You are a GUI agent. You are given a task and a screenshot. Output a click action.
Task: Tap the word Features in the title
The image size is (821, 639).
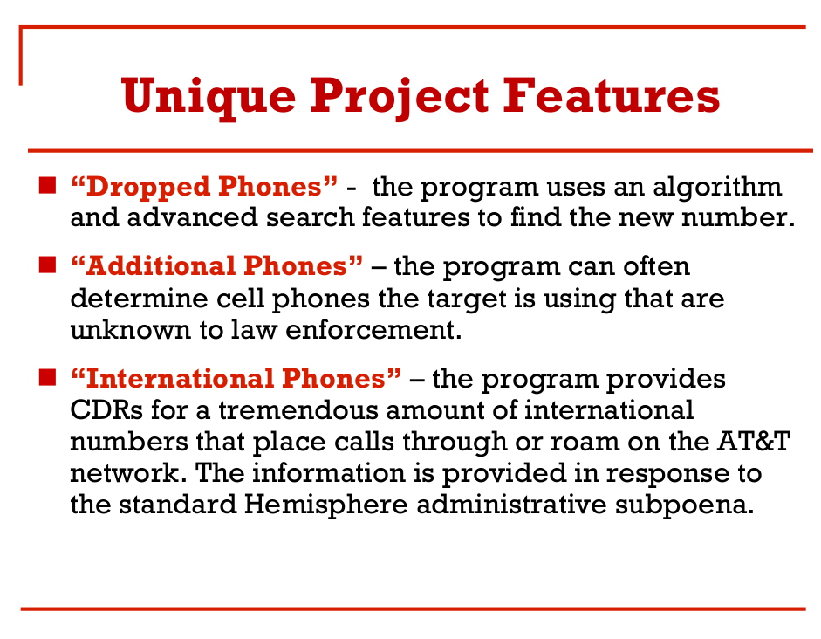coord(611,95)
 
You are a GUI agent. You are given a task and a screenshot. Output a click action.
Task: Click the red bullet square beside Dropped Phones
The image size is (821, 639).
coord(47,185)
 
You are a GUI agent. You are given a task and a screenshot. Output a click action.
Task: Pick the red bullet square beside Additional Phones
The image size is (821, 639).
coord(47,265)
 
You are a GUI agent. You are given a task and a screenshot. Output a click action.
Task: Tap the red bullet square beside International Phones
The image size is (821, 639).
coord(47,377)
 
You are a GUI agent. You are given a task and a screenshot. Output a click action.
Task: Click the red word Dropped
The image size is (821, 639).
coord(147,188)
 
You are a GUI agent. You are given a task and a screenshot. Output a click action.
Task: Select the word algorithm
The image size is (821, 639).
coord(717,188)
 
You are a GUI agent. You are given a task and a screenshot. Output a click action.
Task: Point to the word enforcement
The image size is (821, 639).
coord(373,330)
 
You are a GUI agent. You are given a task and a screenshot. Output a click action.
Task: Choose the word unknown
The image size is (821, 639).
coord(130,330)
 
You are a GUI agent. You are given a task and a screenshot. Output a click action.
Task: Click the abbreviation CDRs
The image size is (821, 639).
coord(106,409)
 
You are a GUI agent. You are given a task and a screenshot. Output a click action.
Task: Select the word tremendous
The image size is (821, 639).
coord(298,409)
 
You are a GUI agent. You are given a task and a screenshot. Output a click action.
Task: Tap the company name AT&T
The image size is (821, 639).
coord(754,441)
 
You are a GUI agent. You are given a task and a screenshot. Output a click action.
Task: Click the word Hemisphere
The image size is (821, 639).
coord(325,505)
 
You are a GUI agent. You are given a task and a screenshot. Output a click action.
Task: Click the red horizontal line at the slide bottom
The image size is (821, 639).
coord(414,608)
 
